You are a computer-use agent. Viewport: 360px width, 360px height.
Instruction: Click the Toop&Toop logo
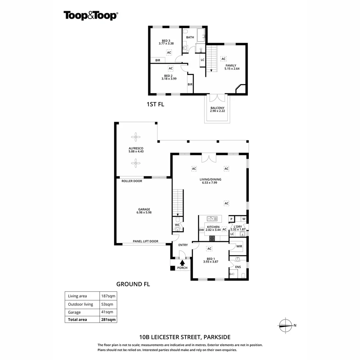[x=90, y=15]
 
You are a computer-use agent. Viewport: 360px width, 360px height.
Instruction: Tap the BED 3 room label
[x=166, y=41]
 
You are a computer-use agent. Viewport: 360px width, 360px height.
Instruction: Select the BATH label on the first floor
[x=190, y=37]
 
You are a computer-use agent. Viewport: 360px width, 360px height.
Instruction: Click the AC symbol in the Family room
[x=224, y=59]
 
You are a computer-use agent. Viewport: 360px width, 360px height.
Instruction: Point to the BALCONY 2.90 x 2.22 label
[x=217, y=108]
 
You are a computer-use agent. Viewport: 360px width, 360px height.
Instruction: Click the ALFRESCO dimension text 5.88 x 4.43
[x=136, y=152]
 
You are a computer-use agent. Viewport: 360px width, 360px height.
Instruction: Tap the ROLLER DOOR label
[x=132, y=181]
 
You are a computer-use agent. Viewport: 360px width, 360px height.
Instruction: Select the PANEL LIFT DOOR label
[x=145, y=241]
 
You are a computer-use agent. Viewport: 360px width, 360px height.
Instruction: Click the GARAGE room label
[x=144, y=209]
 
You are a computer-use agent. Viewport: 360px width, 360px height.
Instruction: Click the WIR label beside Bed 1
[x=239, y=246]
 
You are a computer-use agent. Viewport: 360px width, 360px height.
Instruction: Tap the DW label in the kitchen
[x=201, y=230]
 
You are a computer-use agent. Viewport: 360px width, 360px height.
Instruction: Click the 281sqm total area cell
[x=108, y=320]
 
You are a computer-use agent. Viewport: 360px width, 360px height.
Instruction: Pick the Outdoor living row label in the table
[x=80, y=304]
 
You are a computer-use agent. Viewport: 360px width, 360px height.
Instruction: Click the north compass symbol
[x=285, y=325]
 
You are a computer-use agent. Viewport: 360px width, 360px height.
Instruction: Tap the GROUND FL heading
[x=133, y=284]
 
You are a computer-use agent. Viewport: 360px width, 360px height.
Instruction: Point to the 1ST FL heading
[x=155, y=104]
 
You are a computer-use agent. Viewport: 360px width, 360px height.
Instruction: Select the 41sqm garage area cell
[x=107, y=312]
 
